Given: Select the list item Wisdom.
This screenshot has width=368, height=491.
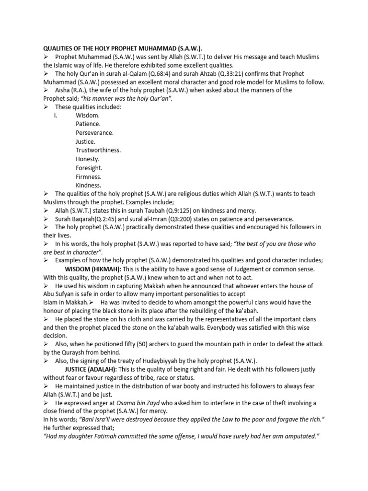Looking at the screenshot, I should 88,116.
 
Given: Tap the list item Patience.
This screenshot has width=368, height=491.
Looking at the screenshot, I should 88,124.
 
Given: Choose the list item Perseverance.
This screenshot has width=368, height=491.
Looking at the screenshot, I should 94,133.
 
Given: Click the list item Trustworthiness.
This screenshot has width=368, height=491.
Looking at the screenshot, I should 98,150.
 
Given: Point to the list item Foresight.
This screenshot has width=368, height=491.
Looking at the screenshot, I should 89,168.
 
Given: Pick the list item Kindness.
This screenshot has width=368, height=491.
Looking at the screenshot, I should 88,185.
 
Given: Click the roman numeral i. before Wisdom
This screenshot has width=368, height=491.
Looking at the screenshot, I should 56,116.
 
